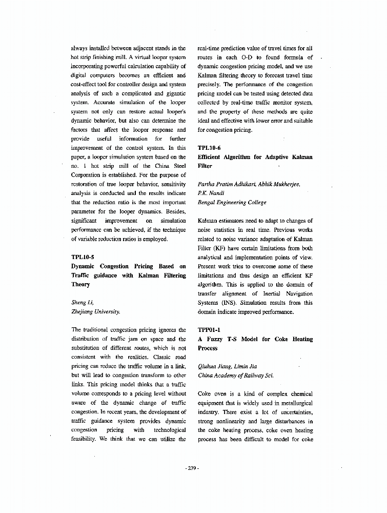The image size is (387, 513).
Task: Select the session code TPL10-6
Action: pyautogui.click(x=209, y=148)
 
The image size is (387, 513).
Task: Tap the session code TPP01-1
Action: pyautogui.click(x=209, y=330)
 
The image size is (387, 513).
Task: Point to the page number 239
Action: pyautogui.click(x=192, y=468)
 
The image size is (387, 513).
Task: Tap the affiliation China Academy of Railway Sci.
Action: pyautogui.click(x=236, y=376)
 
